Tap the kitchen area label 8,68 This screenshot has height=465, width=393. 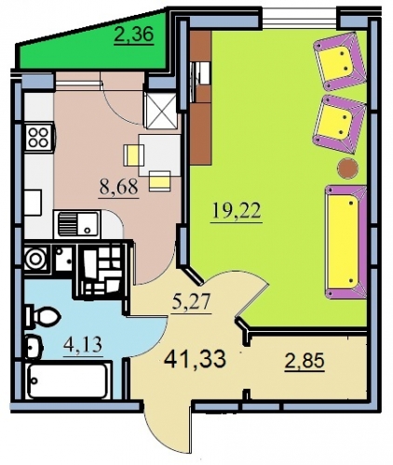click(x=118, y=187)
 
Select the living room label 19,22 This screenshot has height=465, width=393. click(x=237, y=212)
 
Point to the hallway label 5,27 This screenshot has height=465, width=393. click(x=193, y=302)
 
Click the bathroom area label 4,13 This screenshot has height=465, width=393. click(x=83, y=345)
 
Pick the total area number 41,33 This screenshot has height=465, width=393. click(x=195, y=359)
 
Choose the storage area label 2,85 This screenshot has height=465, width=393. click(x=305, y=362)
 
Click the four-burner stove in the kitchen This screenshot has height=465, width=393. click(x=39, y=137)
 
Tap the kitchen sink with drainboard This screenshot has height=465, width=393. click(x=76, y=224)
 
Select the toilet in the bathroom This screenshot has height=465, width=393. click(x=43, y=316)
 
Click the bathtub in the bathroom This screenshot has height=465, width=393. click(x=68, y=380)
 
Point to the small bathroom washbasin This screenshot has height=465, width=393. click(x=34, y=347)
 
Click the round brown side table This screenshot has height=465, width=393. click(x=348, y=168)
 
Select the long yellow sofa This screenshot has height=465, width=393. click(x=345, y=242)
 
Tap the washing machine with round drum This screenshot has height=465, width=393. click(x=36, y=258)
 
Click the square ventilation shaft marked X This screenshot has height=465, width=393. click(x=160, y=110)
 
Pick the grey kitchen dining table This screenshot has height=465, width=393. click(x=159, y=154)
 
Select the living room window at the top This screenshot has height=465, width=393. click(x=301, y=19)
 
